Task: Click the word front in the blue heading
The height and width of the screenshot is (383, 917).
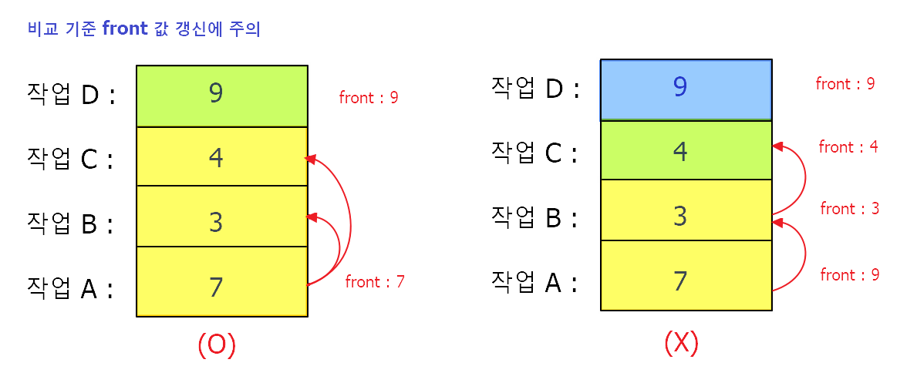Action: [x=123, y=31]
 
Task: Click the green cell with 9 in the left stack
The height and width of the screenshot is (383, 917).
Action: [x=222, y=96]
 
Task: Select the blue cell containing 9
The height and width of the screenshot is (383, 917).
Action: [x=686, y=89]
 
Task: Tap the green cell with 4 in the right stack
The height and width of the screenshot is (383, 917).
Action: [x=686, y=150]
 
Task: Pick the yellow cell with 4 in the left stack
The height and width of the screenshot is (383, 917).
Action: [x=222, y=156]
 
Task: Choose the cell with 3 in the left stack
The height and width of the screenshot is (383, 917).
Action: [x=222, y=217]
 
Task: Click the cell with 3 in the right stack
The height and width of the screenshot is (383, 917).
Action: [x=686, y=210]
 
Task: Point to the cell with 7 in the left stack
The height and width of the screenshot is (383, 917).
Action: [x=222, y=282]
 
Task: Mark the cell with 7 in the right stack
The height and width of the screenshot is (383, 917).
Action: [x=686, y=276]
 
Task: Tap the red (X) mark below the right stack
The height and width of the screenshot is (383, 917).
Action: [x=681, y=341]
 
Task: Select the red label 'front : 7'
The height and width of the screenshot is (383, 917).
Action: [x=375, y=282]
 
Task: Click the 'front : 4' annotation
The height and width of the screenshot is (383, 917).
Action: [x=848, y=147]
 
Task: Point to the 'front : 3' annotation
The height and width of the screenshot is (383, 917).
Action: [x=850, y=209]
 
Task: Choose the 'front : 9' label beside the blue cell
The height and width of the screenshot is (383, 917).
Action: [x=845, y=84]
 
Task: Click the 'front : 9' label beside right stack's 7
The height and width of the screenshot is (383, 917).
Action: [x=850, y=275]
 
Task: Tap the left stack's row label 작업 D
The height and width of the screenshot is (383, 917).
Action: [x=71, y=96]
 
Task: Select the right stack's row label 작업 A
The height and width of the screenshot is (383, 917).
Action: [x=535, y=282]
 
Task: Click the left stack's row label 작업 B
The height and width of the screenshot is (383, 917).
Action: [x=71, y=223]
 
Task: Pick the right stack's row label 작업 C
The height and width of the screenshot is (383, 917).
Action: [x=535, y=153]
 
